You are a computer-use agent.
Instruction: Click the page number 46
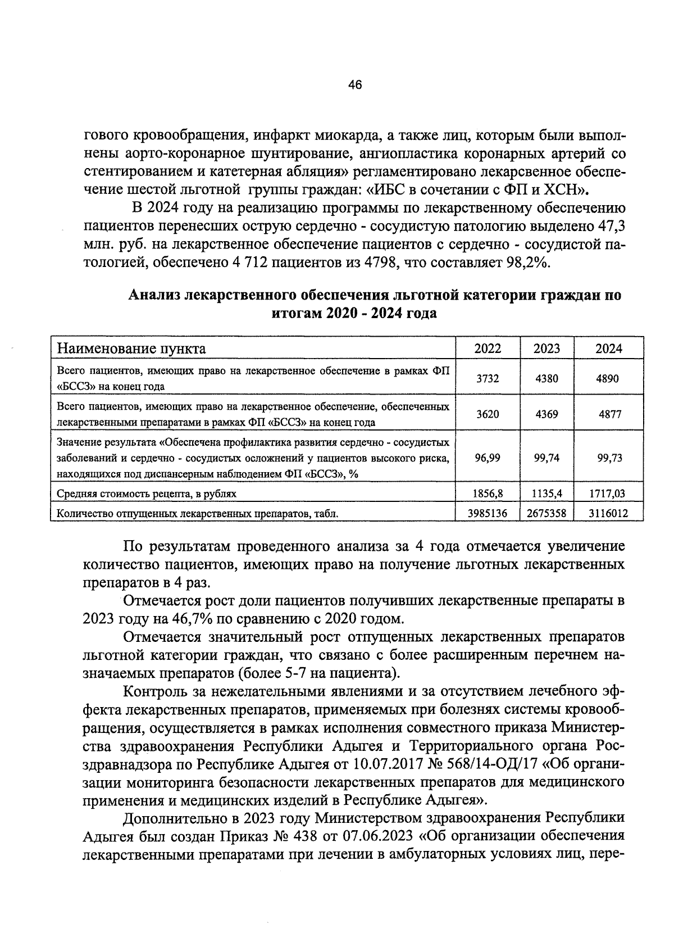[355, 85]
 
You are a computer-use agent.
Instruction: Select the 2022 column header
[487, 348]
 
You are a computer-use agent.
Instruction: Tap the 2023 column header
[547, 348]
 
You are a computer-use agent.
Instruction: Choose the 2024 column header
[609, 348]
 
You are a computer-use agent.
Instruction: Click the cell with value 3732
[487, 378]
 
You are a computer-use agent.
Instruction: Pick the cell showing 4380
[547, 378]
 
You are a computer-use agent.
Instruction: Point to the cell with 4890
[609, 378]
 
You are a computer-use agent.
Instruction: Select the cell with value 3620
[487, 414]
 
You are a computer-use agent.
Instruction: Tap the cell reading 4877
[609, 414]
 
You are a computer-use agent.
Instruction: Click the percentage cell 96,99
[487, 458]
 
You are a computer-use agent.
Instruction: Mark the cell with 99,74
[547, 458]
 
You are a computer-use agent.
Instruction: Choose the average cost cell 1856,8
[487, 493]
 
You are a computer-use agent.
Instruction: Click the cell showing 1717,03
[609, 493]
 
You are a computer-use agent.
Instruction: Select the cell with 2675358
[547, 513]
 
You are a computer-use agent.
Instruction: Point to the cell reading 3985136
[487, 513]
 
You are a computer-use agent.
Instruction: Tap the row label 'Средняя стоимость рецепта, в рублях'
[147, 493]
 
